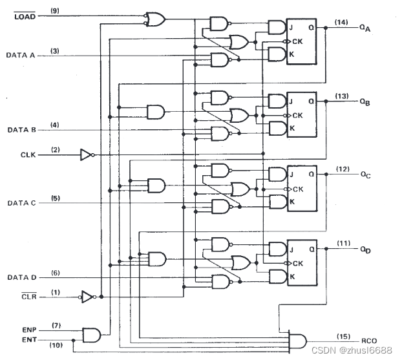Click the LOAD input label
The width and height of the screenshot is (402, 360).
25,16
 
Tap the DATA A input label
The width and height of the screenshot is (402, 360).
21,55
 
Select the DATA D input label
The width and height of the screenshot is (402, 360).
22,277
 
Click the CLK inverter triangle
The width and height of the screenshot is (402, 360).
85,155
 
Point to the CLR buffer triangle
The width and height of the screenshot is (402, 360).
87,297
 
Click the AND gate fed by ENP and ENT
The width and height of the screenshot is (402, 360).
92,335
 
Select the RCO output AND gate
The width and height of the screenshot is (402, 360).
298,341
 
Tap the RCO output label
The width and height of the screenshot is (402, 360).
369,341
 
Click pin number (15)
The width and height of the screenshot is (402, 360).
343,336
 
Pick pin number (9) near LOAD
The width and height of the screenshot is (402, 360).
54,11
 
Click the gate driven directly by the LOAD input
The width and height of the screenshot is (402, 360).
156,19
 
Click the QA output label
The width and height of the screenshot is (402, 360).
365,28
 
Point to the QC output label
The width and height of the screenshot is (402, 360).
366,175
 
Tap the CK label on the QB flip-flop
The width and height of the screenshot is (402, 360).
298,116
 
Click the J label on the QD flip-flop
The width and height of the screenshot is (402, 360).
291,249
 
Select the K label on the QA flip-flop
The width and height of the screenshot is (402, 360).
291,54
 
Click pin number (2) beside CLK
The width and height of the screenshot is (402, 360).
56,149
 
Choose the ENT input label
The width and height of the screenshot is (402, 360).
29,340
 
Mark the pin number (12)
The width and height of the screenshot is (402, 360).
343,169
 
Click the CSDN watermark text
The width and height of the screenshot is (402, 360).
352,350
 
